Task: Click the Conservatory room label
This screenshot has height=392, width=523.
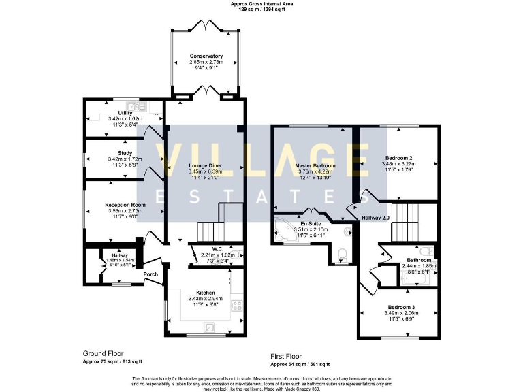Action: click(206, 56)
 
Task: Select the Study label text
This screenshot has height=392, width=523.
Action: click(124, 153)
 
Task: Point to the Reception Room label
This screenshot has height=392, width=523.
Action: click(125, 205)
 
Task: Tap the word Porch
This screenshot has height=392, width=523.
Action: click(151, 274)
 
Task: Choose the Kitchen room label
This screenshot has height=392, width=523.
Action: click(205, 292)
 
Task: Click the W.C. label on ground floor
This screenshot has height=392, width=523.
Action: click(217, 248)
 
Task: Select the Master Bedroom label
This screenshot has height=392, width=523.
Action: click(315, 165)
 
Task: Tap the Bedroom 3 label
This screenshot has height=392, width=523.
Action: click(400, 306)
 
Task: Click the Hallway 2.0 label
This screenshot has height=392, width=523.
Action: click(375, 218)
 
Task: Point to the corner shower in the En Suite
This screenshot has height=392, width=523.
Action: click(284, 228)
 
